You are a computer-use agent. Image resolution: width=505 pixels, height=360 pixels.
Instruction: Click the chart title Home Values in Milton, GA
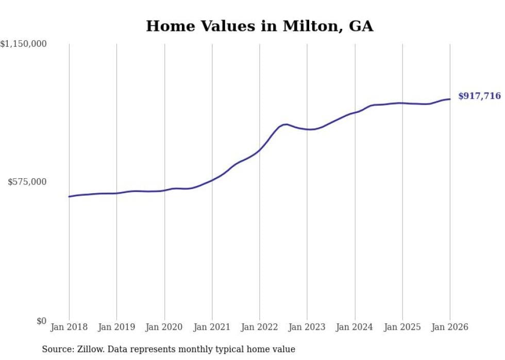pos(259,26)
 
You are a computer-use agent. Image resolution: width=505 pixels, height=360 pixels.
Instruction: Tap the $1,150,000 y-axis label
pos(24,44)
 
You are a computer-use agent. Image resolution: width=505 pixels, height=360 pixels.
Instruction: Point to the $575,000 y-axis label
pos(27,182)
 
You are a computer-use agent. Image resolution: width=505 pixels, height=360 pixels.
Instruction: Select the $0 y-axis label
pos(41,321)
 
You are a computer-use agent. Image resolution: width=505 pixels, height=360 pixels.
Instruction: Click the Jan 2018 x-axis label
pos(69,327)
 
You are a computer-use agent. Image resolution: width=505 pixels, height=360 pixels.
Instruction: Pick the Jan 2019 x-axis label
pos(116,327)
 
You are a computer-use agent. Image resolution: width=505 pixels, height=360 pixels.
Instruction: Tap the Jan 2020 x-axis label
pos(164,327)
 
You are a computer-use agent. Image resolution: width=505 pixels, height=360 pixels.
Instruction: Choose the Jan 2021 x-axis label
pos(212,327)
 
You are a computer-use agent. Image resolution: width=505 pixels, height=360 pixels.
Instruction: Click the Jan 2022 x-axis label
pos(259,327)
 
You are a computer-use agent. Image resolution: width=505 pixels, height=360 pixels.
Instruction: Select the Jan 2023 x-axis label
pos(307,327)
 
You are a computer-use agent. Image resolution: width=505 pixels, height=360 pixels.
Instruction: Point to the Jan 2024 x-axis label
pos(355,327)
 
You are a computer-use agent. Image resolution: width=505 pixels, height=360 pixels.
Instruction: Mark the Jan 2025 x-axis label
pos(402,327)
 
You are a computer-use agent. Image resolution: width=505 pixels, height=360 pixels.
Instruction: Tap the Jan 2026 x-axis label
pos(450,327)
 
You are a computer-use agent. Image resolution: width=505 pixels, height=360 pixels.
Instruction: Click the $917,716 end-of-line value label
pos(479,96)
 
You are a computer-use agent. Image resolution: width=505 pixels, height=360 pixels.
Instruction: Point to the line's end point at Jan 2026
pos(450,99)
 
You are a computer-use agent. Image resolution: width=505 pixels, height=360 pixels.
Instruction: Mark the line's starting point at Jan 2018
pos(69,197)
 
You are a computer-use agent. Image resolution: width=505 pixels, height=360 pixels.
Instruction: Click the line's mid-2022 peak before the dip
pos(285,124)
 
